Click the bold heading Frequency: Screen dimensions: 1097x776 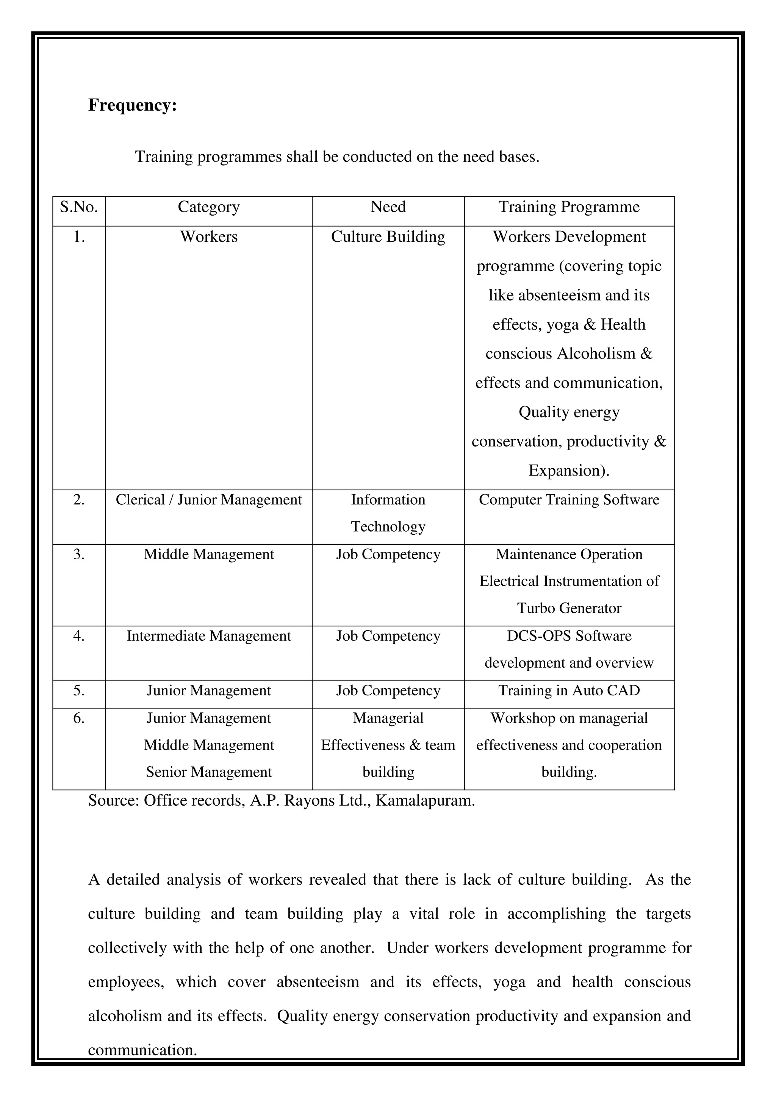pyautogui.click(x=132, y=105)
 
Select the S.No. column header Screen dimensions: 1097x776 pyautogui.click(x=79, y=207)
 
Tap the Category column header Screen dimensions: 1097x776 pyautogui.click(x=209, y=207)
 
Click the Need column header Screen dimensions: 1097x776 pyautogui.click(x=388, y=207)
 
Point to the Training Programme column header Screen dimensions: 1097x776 pyautogui.click(x=569, y=207)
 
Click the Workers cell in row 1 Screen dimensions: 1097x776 pyautogui.click(x=209, y=237)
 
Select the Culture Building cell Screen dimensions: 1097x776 pyautogui.click(x=388, y=237)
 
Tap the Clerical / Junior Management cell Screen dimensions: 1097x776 pyautogui.click(x=209, y=500)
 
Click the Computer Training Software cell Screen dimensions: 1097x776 pyautogui.click(x=569, y=500)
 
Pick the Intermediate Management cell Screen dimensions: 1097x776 pyautogui.click(x=209, y=636)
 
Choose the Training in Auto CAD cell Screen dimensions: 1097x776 pyautogui.click(x=569, y=690)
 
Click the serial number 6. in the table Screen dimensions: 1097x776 pyautogui.click(x=79, y=718)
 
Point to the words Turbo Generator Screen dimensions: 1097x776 pyautogui.click(x=569, y=608)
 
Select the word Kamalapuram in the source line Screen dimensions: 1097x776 pyautogui.click(x=425, y=800)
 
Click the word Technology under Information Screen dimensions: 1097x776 pyautogui.click(x=388, y=526)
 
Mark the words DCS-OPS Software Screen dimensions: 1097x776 pyautogui.click(x=569, y=636)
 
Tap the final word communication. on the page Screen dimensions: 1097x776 pyautogui.click(x=142, y=1050)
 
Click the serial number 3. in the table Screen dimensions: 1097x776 pyautogui.click(x=79, y=554)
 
